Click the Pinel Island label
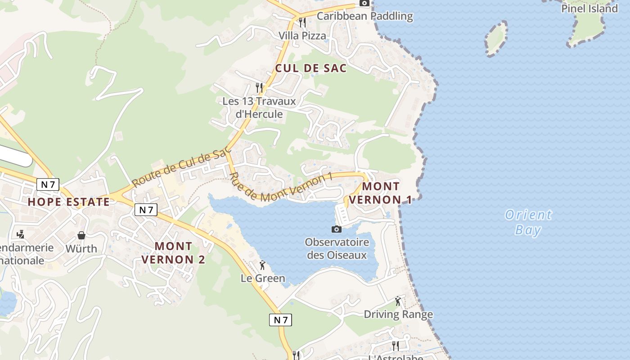point(589,8)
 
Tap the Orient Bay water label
point(528,222)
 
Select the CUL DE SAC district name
point(311,68)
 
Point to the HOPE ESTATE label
point(68,202)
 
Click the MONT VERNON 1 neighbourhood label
point(381,193)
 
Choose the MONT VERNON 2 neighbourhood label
point(173,253)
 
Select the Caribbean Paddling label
point(364,16)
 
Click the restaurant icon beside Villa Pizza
point(302,22)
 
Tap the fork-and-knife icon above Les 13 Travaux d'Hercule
point(259,87)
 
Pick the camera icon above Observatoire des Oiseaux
point(336,229)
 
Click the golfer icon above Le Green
point(263,265)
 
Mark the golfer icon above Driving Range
point(398,301)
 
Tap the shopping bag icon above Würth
point(81,235)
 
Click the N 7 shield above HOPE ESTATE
point(48,184)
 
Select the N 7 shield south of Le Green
point(280,320)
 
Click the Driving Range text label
point(398,314)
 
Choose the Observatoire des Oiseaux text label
point(337,248)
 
